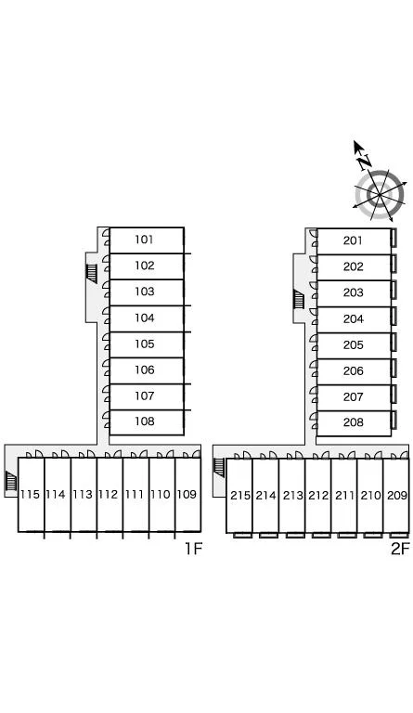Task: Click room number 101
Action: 144,240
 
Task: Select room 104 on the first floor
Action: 144,318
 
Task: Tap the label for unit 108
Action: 144,421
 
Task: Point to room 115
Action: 30,494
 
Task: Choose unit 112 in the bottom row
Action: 109,494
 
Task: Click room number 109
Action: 187,494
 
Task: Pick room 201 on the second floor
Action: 353,240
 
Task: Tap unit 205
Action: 353,345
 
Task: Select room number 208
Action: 353,423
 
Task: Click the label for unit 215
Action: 240,495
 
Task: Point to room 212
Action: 318,495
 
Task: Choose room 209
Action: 396,495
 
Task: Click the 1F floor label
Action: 193,549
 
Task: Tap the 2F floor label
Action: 400,549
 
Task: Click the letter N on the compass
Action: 365,162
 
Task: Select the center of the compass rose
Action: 380,195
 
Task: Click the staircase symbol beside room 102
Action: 91,273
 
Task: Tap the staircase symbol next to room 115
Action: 10,482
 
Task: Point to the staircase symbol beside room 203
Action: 299,300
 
